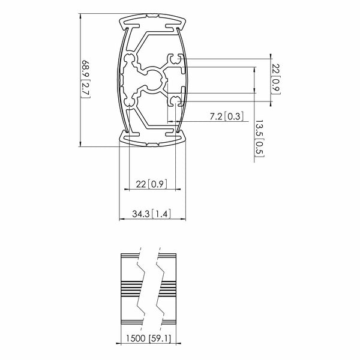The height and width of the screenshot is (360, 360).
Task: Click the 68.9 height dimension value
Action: (x=85, y=69)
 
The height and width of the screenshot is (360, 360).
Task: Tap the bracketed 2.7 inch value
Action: (x=86, y=88)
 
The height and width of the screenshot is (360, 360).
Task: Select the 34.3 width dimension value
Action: (x=141, y=214)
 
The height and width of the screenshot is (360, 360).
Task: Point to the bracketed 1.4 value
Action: (x=161, y=214)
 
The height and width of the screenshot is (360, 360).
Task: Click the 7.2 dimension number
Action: (x=216, y=116)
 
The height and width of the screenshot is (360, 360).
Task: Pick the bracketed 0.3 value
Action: (x=233, y=116)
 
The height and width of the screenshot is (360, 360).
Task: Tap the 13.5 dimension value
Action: (x=259, y=128)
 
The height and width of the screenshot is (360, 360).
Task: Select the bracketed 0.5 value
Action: (x=259, y=148)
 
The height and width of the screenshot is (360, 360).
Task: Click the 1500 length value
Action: (x=136, y=338)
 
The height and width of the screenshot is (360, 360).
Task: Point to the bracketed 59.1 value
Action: (x=160, y=338)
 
